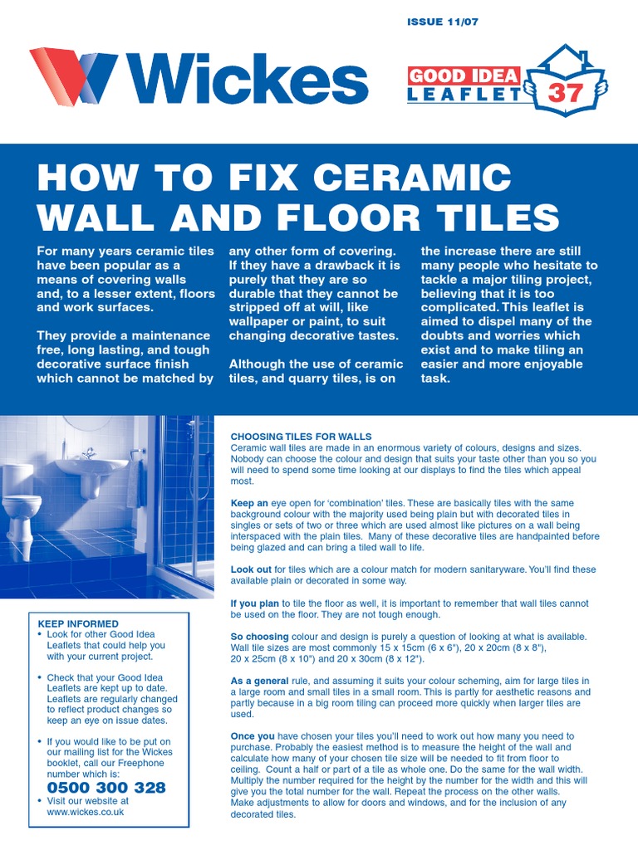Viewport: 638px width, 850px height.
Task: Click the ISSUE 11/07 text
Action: [x=442, y=22]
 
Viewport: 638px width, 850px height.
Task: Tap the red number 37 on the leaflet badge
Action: [x=565, y=93]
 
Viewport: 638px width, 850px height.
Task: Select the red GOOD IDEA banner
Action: [x=464, y=76]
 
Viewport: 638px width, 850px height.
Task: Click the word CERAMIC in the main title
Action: [x=412, y=178]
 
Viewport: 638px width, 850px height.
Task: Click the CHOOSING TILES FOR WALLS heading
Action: [x=301, y=437]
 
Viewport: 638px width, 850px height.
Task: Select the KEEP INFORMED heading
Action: [x=78, y=623]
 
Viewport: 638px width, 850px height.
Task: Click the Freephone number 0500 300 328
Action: [x=106, y=788]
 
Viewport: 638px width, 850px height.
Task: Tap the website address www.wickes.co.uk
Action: [x=86, y=812]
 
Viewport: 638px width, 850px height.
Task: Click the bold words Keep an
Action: [x=249, y=503]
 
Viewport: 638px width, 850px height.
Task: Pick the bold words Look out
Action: [x=251, y=569]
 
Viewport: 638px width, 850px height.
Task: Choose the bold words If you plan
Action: [x=255, y=603]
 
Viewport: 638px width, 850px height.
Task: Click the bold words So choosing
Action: [x=260, y=637]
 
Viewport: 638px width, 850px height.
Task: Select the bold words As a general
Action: [x=260, y=681]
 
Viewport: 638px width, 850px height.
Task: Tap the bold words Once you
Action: [x=253, y=736]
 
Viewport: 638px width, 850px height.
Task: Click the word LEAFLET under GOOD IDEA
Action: [x=464, y=95]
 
